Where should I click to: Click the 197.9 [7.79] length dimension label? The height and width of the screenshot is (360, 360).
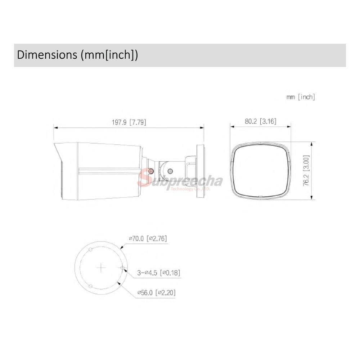click(x=129, y=122)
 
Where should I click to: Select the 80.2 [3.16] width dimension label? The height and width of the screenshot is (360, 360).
click(x=261, y=121)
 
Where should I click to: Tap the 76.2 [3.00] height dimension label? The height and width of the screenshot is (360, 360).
click(x=306, y=171)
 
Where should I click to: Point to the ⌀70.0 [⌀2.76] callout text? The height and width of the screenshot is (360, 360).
click(x=148, y=239)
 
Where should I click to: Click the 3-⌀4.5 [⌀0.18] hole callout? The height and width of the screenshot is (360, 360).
click(x=159, y=273)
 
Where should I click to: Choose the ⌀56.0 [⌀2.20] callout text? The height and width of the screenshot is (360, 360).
click(x=156, y=292)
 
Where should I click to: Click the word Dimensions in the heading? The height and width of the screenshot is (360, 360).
click(x=47, y=55)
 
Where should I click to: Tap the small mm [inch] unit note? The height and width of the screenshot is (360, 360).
click(x=301, y=97)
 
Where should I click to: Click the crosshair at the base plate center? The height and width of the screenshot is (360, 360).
click(x=101, y=268)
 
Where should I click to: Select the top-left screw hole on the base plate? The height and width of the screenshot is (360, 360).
click(x=90, y=249)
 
